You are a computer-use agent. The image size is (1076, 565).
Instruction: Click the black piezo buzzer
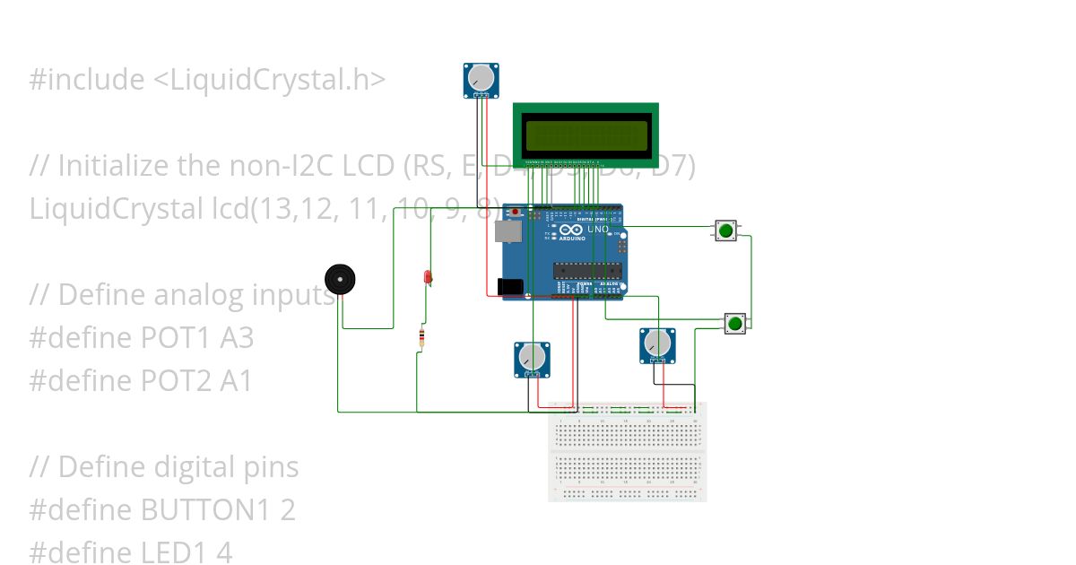point(340,280)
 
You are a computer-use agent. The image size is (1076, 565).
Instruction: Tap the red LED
point(428,277)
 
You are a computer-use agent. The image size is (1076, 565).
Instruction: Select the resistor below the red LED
point(422,337)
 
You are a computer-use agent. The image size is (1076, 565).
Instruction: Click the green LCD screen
point(586,135)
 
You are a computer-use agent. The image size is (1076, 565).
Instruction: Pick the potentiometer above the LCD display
point(482,79)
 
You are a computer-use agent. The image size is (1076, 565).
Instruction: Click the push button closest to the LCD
point(725,230)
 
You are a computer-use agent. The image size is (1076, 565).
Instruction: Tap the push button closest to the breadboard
point(735,323)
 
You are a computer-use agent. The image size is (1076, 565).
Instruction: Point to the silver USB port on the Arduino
point(507,231)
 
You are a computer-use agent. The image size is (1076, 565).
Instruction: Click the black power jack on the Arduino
point(509,287)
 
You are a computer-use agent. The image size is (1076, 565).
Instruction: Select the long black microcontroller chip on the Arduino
point(586,269)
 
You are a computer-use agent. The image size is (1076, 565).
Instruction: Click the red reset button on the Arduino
point(515,213)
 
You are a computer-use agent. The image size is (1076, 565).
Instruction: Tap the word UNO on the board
point(598,230)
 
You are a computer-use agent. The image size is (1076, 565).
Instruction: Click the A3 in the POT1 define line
point(236,338)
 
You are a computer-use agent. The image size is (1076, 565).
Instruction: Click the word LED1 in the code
point(174,552)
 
